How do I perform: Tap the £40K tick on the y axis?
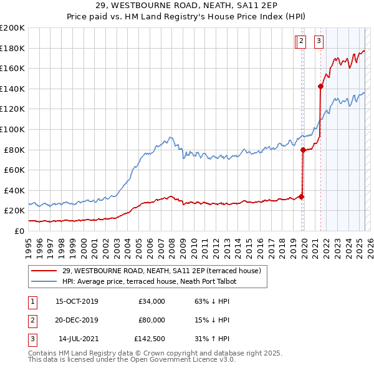tap(14, 190)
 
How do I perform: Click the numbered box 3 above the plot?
tap(319, 42)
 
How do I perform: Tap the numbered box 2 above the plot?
tap(301, 42)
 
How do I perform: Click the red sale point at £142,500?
tap(320, 87)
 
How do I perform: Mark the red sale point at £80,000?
tap(303, 150)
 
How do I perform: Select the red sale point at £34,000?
tap(301, 196)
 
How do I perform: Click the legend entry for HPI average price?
tap(149, 281)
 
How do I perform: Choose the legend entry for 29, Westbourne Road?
tap(165, 270)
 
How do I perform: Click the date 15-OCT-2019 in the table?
tap(77, 301)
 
